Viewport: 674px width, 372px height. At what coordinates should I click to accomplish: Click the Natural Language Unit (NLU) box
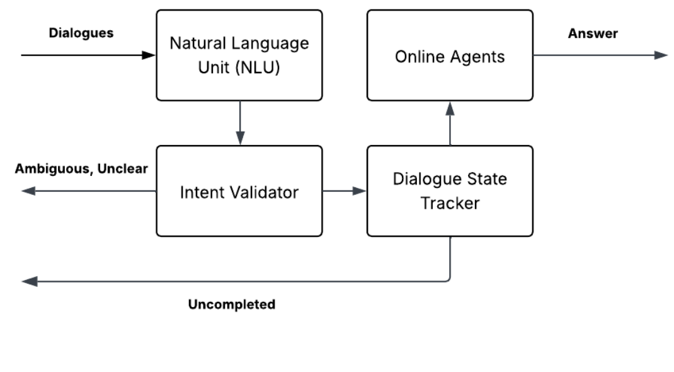(239, 55)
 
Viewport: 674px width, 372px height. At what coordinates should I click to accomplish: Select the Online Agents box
(450, 55)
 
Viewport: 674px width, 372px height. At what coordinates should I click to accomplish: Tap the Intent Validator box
(239, 191)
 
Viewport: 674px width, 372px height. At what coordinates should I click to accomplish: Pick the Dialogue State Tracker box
(450, 191)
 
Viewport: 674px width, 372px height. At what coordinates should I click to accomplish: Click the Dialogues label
(81, 33)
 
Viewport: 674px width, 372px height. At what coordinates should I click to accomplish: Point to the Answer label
(593, 33)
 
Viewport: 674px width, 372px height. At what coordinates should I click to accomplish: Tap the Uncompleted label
(232, 305)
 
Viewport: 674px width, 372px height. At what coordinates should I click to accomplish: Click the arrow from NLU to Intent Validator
(239, 122)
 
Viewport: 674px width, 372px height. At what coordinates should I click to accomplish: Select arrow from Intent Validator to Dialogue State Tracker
(344, 191)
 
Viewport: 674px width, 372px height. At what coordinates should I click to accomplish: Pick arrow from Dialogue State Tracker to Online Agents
(450, 123)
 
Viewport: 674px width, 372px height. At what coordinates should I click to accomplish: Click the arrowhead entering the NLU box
(149, 55)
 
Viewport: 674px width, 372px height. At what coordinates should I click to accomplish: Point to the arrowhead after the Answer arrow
(660, 55)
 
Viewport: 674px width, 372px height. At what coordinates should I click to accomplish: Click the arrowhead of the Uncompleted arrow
(29, 281)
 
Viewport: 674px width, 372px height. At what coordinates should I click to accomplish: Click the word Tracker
(450, 203)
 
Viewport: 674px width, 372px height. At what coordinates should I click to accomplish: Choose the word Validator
(267, 192)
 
